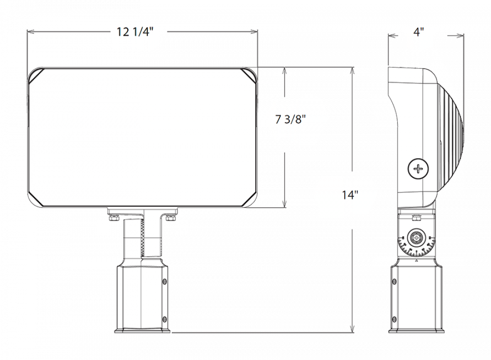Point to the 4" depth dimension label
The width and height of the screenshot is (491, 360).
(418, 31)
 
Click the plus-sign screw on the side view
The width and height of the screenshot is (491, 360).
(418, 169)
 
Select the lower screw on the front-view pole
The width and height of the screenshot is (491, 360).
(164, 318)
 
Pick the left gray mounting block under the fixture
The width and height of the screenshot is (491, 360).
(105, 226)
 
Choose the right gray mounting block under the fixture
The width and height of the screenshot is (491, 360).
(181, 226)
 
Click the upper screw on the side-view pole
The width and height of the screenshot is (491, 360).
(394, 282)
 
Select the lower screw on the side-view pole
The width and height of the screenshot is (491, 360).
(394, 319)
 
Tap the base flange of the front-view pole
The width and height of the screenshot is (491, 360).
(142, 331)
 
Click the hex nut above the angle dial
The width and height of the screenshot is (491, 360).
(416, 218)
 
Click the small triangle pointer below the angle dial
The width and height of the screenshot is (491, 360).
(416, 261)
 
